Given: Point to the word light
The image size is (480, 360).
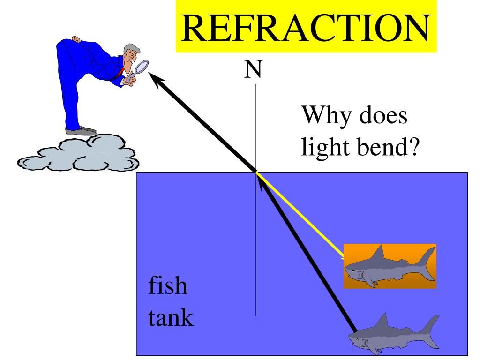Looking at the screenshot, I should tap(323, 148).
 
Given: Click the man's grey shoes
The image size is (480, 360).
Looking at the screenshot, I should tap(82, 131).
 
